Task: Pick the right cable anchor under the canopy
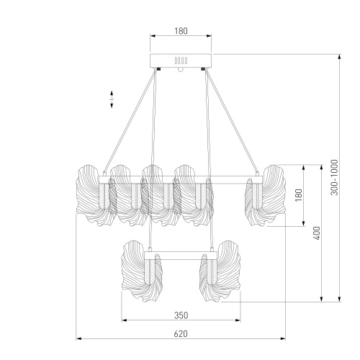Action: [204, 69]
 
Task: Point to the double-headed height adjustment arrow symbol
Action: [112, 99]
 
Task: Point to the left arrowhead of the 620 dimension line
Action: [78, 338]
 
